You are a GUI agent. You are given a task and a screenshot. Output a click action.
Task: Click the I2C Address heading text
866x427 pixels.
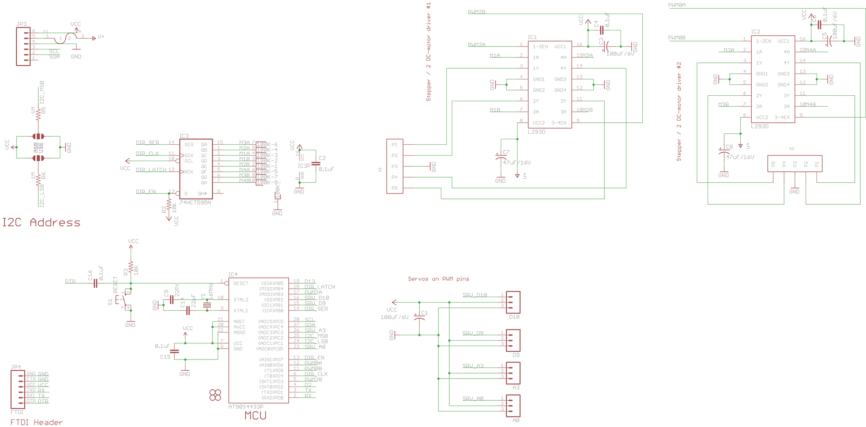[41, 222]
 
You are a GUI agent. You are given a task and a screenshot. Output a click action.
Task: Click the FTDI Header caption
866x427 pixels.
[36, 422]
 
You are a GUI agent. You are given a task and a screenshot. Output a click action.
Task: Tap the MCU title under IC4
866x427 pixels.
[255, 415]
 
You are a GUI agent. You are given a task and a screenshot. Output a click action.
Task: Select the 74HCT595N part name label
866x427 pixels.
[195, 202]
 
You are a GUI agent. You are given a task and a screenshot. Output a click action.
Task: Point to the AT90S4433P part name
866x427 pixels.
[246, 406]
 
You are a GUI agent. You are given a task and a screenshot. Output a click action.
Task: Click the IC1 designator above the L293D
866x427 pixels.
[532, 37]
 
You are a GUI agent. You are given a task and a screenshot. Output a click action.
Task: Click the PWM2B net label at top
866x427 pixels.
[476, 12]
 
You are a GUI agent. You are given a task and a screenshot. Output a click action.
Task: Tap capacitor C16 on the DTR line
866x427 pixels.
[95, 283]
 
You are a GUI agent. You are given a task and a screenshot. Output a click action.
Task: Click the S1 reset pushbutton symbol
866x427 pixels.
[123, 300]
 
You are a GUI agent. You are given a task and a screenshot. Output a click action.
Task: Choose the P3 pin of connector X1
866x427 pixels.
[394, 166]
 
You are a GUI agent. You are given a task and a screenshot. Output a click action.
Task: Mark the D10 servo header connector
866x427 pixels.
[513, 302]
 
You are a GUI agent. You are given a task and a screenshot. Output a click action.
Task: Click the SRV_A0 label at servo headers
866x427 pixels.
[473, 398]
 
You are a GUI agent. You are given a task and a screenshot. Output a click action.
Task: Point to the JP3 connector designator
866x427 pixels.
[21, 24]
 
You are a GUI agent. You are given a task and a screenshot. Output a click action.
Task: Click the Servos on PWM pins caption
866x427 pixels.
[438, 279]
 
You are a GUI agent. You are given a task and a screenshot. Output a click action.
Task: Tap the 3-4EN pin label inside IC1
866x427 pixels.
[559, 123]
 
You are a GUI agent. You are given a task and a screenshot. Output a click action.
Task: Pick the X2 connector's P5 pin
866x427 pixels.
[773, 164]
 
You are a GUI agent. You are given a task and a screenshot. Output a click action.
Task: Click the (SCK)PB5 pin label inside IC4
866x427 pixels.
[272, 283]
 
